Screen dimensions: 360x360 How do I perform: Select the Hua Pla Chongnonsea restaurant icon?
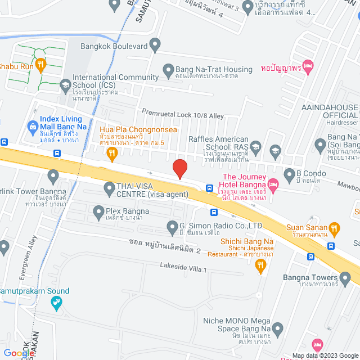point(112,153)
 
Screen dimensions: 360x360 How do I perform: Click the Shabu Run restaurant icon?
point(40,66)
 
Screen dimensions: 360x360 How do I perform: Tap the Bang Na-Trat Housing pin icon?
point(168,70)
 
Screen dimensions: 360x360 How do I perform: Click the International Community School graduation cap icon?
point(65,85)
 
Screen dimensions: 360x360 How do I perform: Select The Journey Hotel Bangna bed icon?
point(273,184)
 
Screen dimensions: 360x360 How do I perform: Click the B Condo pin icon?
point(290,173)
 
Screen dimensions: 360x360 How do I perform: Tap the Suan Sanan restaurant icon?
point(334,228)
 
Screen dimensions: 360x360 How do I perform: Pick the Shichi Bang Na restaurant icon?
point(259,268)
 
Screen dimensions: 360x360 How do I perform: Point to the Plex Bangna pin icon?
point(96,211)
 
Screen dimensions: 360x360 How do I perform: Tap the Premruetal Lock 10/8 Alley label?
point(183,115)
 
